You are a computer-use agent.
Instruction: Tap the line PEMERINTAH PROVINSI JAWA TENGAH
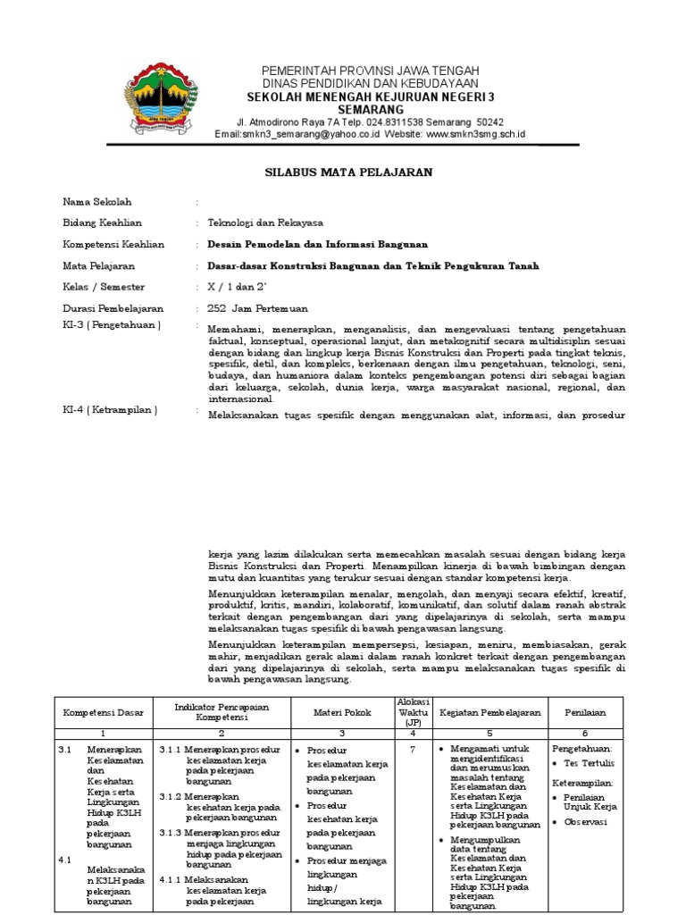[x=370, y=71]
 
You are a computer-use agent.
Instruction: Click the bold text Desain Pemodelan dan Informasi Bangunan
[x=317, y=244]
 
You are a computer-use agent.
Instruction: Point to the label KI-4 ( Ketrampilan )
[x=109, y=410]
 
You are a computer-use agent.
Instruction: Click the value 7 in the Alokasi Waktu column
[x=413, y=750]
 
